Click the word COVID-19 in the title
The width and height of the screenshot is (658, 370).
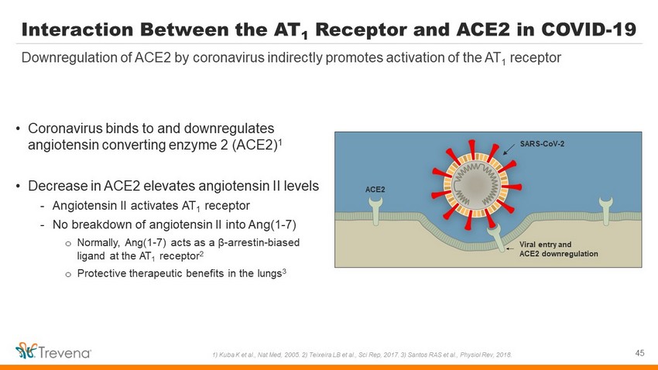point(589,29)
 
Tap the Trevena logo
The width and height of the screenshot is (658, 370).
point(53,351)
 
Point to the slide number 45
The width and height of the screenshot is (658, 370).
point(639,353)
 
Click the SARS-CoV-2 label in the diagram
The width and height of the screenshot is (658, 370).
point(542,144)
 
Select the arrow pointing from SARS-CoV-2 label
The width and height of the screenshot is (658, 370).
point(509,149)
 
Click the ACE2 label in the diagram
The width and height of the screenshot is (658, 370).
point(375,190)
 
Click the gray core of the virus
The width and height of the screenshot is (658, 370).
point(476,184)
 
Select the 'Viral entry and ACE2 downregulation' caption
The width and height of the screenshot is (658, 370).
point(559,249)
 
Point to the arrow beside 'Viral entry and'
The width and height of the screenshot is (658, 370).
point(510,248)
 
